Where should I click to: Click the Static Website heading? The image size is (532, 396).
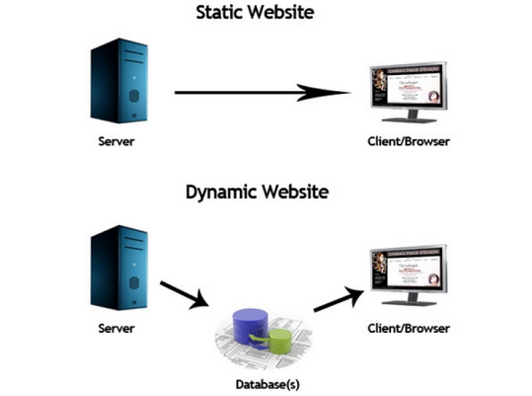click(266, 14)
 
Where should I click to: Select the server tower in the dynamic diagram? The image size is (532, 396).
click(117, 267)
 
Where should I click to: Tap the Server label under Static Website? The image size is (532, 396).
click(116, 141)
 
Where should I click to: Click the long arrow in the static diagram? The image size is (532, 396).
click(262, 93)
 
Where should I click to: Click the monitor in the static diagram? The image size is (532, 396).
click(408, 89)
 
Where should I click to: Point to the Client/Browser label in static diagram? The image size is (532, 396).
click(407, 141)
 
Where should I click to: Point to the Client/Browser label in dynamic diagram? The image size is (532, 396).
click(407, 327)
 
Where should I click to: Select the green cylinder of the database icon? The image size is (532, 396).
click(279, 341)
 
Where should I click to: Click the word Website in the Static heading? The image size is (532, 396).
click(298, 14)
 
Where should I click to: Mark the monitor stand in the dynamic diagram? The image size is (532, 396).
click(408, 306)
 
